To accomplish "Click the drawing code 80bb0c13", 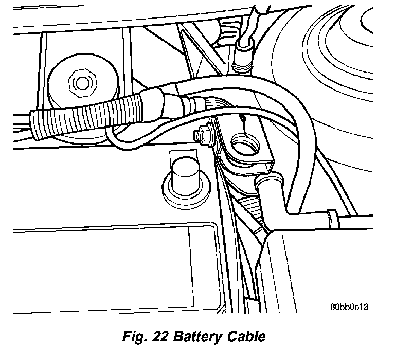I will click(350, 307).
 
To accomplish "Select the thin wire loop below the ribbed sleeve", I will click(116, 141).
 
